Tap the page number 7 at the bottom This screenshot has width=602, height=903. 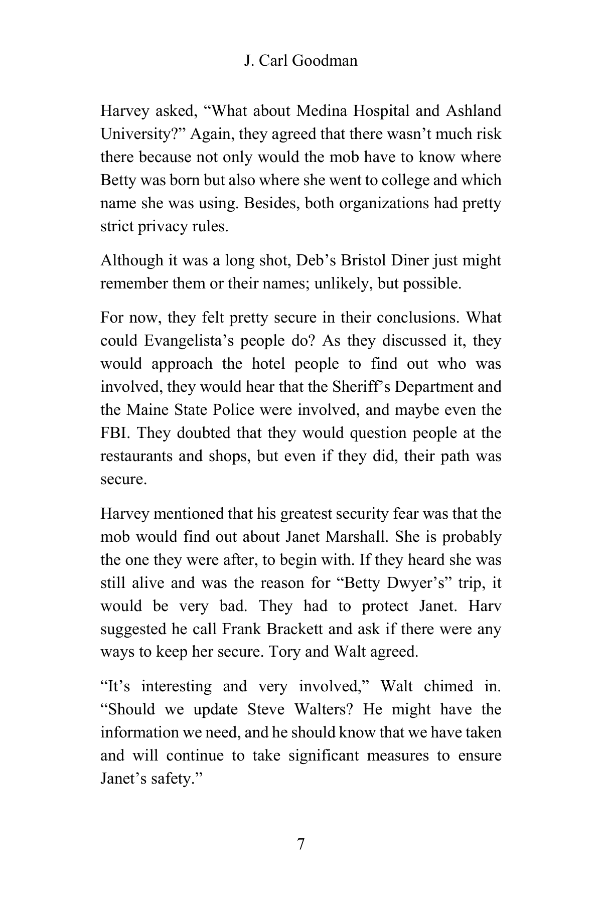(x=301, y=844)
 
